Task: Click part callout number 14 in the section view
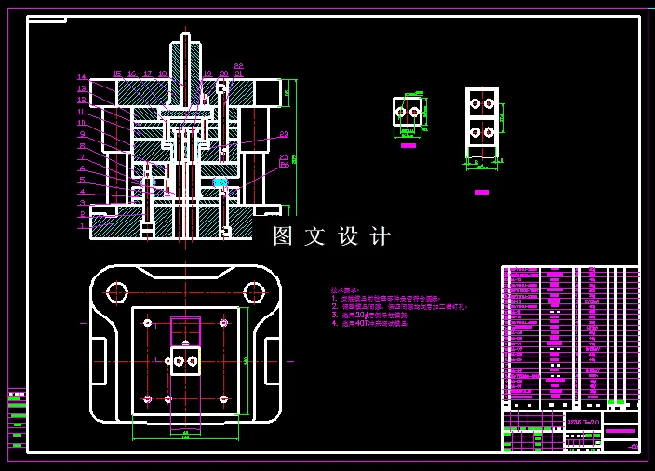(82, 77)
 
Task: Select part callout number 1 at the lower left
(82, 225)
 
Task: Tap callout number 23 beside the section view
(284, 135)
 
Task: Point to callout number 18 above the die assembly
(163, 74)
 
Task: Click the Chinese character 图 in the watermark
(283, 236)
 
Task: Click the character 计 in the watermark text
(381, 236)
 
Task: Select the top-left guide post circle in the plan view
(117, 292)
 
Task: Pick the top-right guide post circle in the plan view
(252, 292)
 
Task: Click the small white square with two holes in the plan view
(185, 360)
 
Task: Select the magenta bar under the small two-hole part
(408, 145)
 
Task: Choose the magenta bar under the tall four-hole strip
(481, 192)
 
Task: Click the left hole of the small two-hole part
(401, 112)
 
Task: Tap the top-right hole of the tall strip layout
(489, 102)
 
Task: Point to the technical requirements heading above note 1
(345, 290)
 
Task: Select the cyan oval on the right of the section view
(221, 182)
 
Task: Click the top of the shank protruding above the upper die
(185, 36)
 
